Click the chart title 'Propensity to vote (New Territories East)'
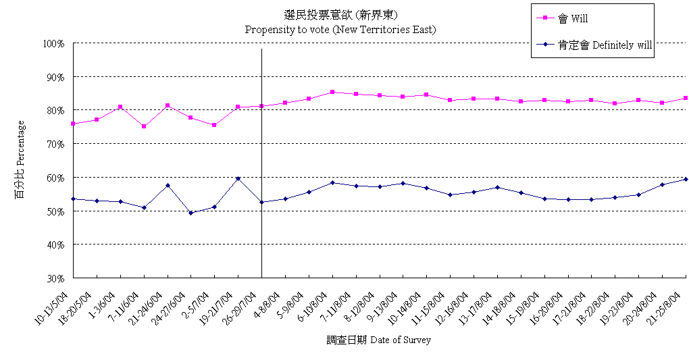340,30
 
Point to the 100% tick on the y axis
53,44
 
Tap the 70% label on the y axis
53,144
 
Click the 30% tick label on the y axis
53,278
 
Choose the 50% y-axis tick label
53,211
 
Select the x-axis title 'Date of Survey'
378,340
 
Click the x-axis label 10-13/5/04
53,305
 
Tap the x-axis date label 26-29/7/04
240,305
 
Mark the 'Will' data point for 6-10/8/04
332,92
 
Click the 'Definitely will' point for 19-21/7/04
238,178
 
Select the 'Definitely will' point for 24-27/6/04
191,213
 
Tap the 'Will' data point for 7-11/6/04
144,126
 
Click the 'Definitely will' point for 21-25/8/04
686,179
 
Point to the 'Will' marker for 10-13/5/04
73,124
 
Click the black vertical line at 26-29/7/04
261,162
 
